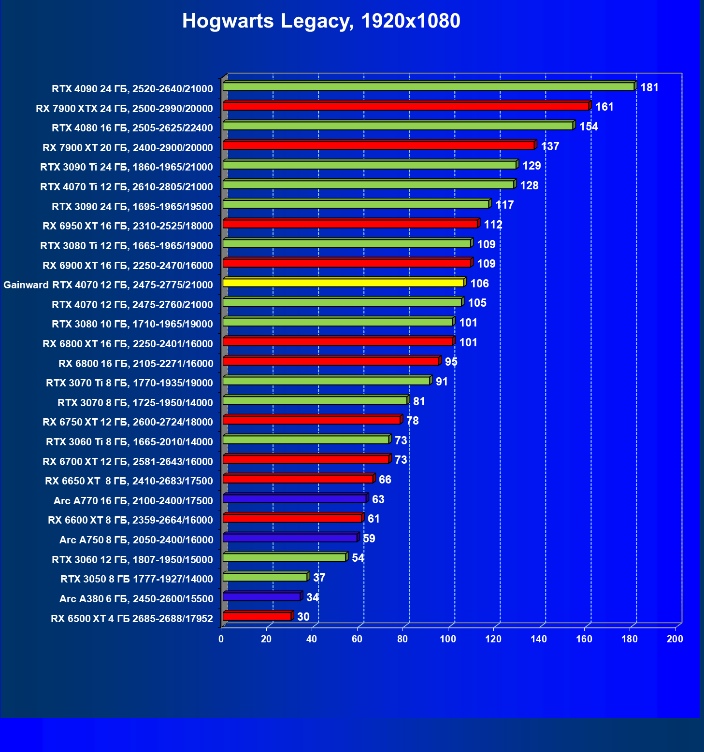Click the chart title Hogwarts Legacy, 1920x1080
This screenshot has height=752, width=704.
click(321, 21)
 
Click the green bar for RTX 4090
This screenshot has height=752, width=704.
click(428, 87)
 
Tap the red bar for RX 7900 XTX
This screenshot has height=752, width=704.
click(406, 106)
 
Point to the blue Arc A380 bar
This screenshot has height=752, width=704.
click(262, 597)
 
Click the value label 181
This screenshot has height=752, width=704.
click(649, 87)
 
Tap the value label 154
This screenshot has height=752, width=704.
click(589, 127)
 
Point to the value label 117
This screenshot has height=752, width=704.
click(504, 205)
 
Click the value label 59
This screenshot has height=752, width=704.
click(369, 539)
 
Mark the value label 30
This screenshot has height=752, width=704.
click(303, 617)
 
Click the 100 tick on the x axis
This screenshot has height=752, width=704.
click(448, 639)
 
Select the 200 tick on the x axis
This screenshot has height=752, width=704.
click(675, 639)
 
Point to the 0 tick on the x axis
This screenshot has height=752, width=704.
click(221, 639)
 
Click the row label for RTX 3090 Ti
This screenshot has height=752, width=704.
click(127, 167)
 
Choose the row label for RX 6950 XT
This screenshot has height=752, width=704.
click(128, 226)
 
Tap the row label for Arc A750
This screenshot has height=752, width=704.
click(136, 540)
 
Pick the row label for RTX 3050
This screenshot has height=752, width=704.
click(136, 579)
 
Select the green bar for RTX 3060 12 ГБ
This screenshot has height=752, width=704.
click(284, 558)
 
